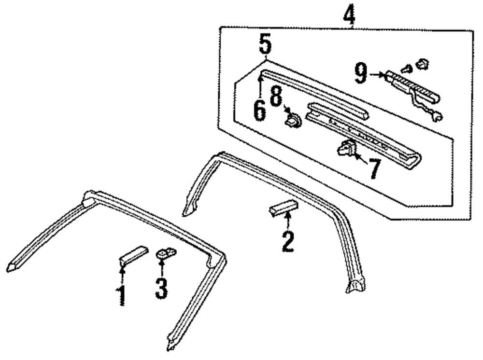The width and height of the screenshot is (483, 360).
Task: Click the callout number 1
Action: click(x=122, y=295)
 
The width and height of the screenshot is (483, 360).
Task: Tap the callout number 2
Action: click(x=288, y=241)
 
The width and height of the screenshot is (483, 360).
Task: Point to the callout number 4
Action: click(x=349, y=16)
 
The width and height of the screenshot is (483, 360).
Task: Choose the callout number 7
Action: click(x=373, y=168)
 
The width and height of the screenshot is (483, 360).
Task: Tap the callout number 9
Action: click(x=361, y=74)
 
